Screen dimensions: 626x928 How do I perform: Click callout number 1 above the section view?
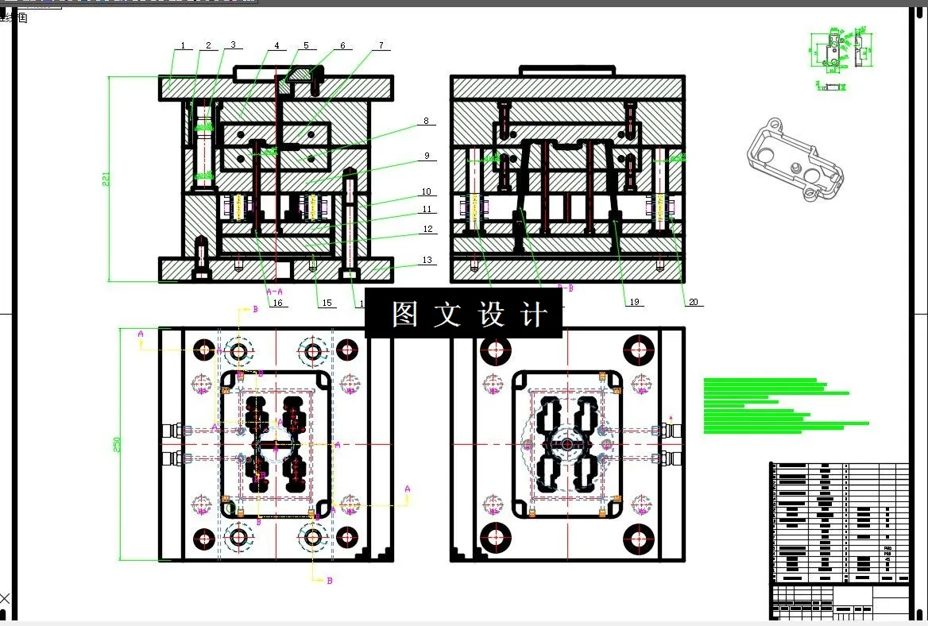[x=183, y=46]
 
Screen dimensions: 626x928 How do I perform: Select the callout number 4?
[x=276, y=46]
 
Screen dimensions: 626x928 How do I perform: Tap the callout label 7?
[x=381, y=46]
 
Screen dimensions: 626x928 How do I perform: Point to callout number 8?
[x=426, y=122]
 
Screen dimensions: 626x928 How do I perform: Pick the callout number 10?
[x=427, y=192]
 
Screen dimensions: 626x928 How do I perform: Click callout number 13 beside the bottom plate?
[x=427, y=261]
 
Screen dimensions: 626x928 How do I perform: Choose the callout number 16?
[x=277, y=303]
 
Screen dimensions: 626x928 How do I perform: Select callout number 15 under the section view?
[x=326, y=303]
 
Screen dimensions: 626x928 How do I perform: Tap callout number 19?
[x=634, y=302]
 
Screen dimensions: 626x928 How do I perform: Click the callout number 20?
[x=693, y=302]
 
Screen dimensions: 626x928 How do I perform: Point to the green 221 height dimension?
[x=106, y=180]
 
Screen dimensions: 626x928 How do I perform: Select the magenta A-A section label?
[x=274, y=292]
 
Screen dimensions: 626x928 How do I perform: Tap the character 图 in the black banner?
[x=404, y=315]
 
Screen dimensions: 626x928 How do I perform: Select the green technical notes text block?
[x=783, y=405]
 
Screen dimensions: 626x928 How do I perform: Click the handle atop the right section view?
[x=566, y=71]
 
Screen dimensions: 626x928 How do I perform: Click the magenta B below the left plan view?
[x=330, y=581]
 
